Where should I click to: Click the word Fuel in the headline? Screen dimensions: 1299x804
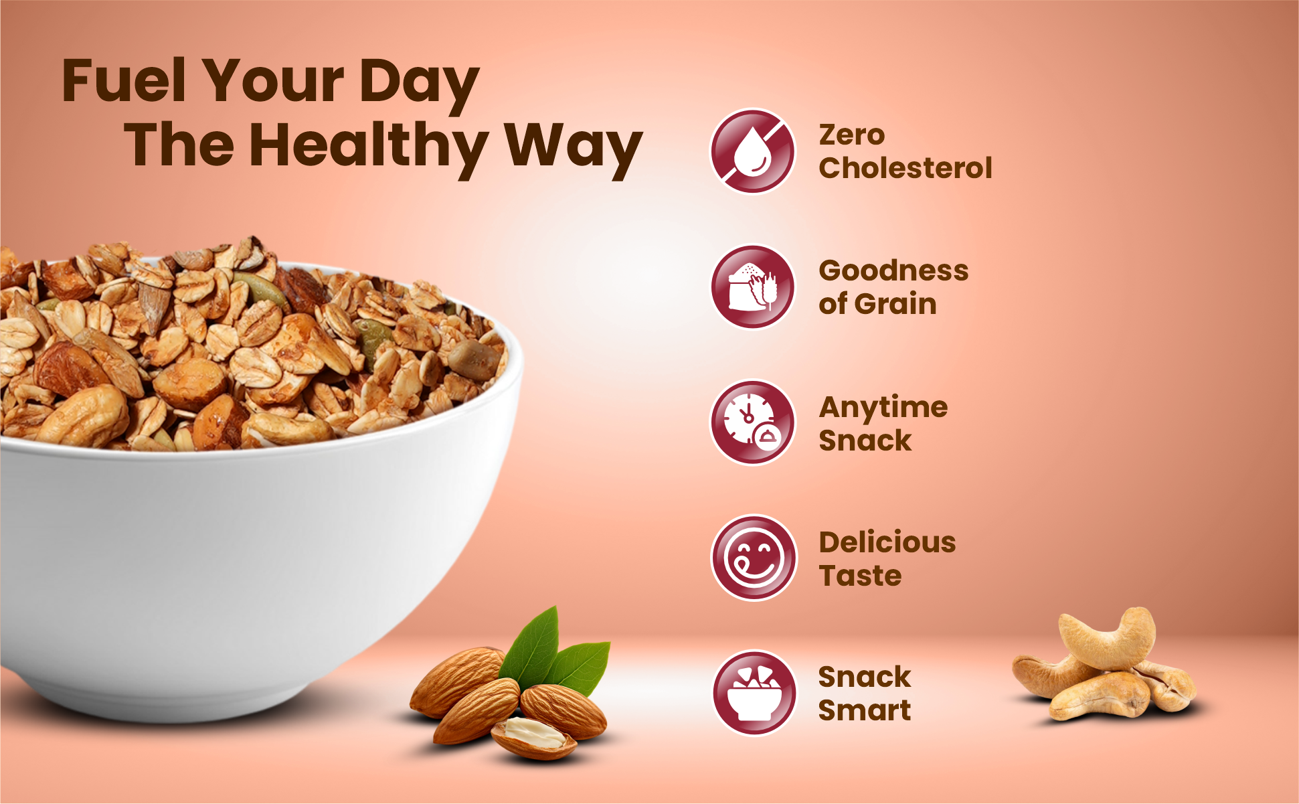[123, 80]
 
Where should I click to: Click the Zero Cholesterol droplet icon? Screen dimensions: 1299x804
[753, 151]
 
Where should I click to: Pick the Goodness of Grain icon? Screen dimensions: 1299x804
[753, 287]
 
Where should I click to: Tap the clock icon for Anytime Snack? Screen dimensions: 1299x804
[753, 423]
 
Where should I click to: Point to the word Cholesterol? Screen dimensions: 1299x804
[905, 168]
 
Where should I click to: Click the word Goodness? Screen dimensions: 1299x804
[893, 270]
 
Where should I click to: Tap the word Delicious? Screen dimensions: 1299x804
[887, 542]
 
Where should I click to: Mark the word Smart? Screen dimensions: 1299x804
[865, 710]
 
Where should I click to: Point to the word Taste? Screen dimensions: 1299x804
[861, 576]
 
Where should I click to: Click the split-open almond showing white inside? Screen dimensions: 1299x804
[534, 736]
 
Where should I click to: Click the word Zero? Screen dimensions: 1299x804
[852, 135]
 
